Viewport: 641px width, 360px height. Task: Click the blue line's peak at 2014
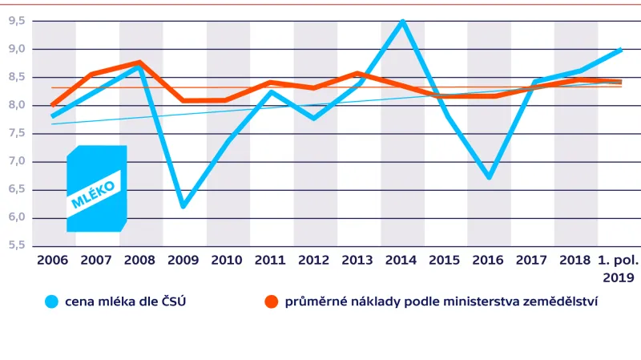pyautogui.click(x=402, y=22)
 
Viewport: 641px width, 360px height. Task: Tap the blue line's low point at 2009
pyautogui.click(x=183, y=206)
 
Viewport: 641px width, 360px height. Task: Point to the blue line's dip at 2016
pyautogui.click(x=489, y=176)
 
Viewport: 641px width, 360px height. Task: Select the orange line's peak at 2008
pyautogui.click(x=140, y=63)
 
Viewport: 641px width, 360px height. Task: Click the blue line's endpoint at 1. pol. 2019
pyautogui.click(x=619, y=50)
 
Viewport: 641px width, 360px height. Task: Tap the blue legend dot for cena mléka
pyautogui.click(x=53, y=301)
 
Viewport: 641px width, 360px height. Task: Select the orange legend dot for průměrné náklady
pyautogui.click(x=271, y=301)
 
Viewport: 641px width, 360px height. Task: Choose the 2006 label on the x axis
pyautogui.click(x=52, y=261)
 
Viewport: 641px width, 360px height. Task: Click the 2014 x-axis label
pyautogui.click(x=400, y=261)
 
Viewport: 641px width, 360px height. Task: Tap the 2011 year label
pyautogui.click(x=269, y=261)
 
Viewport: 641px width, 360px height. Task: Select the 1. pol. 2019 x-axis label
pyautogui.click(x=618, y=269)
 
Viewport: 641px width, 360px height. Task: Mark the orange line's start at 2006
pyautogui.click(x=53, y=105)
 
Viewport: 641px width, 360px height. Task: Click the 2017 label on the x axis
pyautogui.click(x=530, y=261)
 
